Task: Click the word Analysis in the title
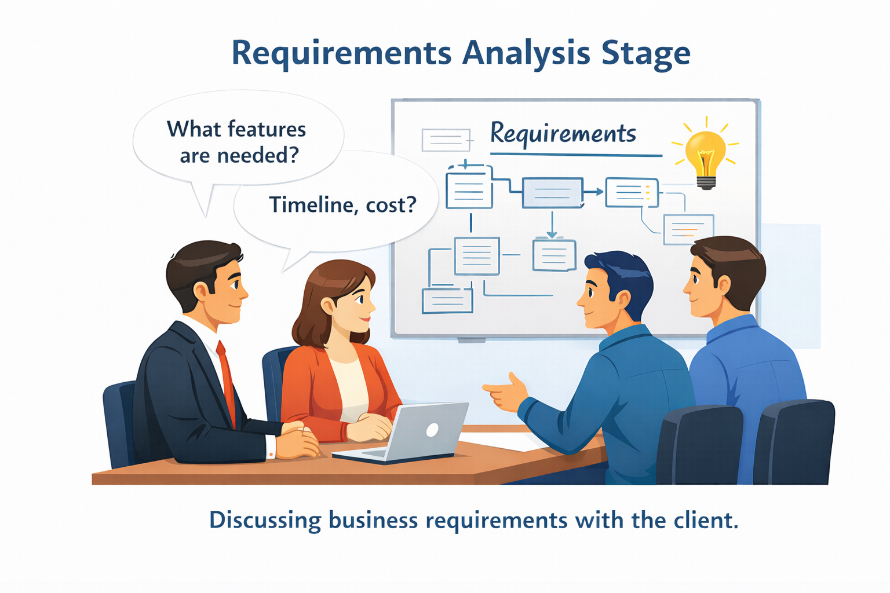tap(526, 53)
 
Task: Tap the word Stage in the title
tap(645, 53)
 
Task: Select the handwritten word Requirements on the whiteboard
tap(563, 134)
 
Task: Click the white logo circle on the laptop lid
tap(432, 429)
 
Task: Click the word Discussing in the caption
tap(265, 520)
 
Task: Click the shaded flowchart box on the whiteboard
tap(552, 193)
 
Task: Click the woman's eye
tap(359, 299)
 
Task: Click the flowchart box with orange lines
tap(688, 229)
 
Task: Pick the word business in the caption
tap(373, 520)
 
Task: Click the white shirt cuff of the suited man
tap(271, 446)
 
